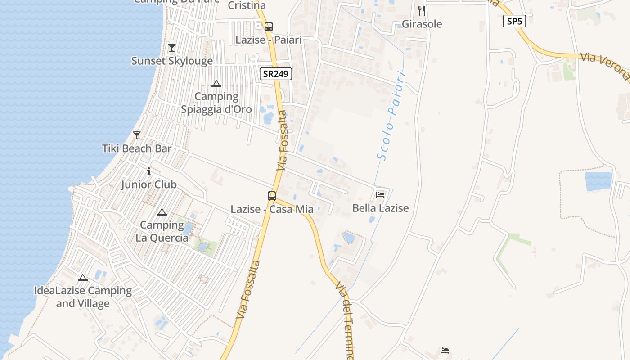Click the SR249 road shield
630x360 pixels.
tap(276, 74)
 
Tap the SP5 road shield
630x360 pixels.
tap(514, 21)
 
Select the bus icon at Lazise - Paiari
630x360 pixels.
tap(269, 27)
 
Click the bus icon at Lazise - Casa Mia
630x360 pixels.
tap(272, 196)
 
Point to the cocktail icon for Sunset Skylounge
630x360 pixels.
tap(171, 48)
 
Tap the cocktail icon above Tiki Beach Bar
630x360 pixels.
tap(137, 135)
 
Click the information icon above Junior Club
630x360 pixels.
tap(149, 171)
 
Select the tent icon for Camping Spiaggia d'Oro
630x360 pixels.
tap(216, 84)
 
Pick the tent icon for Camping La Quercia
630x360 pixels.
tap(162, 212)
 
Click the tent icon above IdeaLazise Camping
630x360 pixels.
tap(82, 278)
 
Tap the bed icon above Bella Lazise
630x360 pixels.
tap(380, 195)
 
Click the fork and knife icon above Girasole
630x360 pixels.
tap(422, 10)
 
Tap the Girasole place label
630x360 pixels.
tap(422, 24)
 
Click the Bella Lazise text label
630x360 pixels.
tap(380, 208)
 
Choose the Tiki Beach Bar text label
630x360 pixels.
tap(137, 148)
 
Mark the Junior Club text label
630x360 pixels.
tap(149, 184)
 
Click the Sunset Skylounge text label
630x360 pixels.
tap(172, 61)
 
